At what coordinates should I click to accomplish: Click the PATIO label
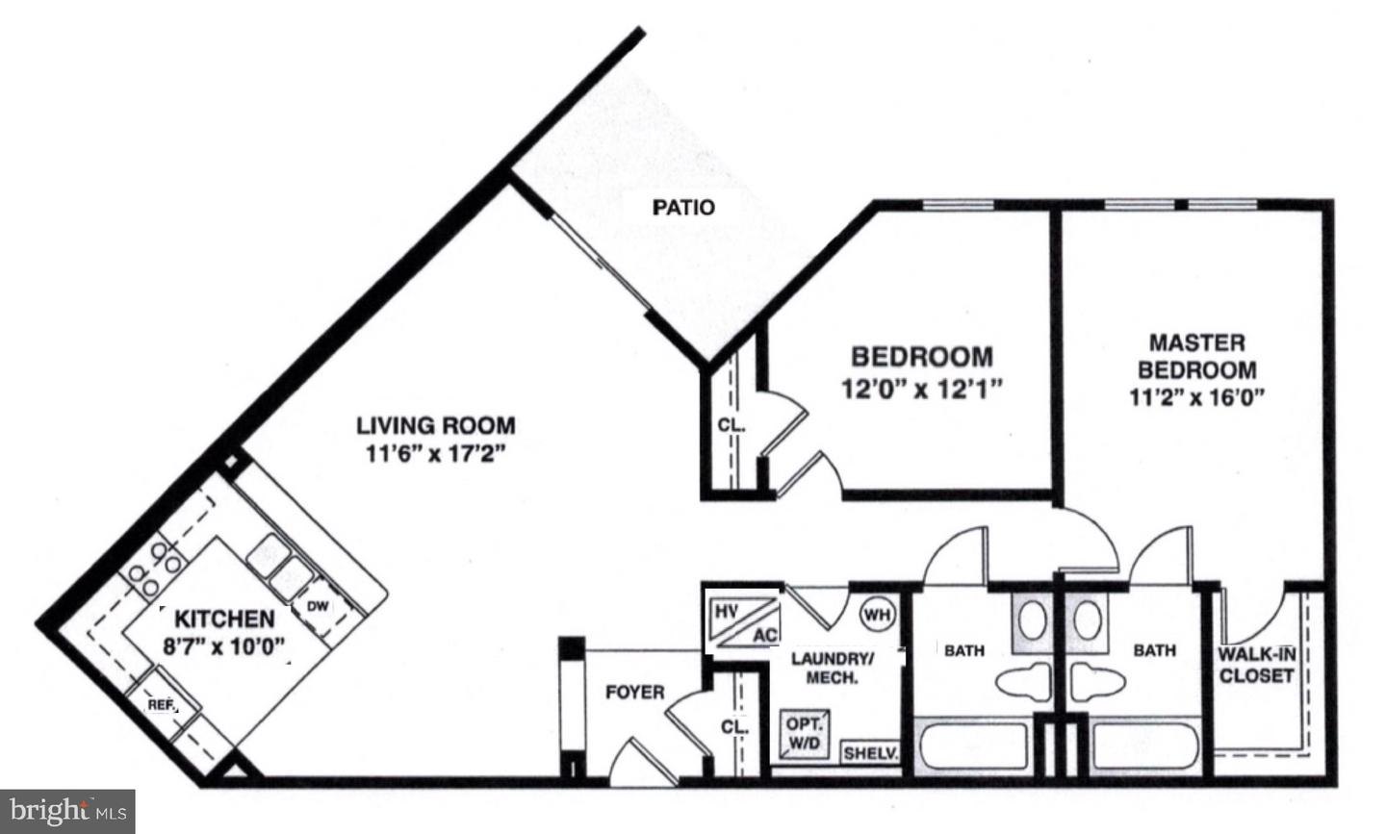click(683, 207)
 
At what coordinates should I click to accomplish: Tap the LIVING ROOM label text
click(436, 425)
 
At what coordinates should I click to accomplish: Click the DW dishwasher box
click(318, 606)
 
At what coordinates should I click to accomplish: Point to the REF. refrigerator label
click(162, 705)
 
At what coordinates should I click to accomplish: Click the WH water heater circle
click(876, 613)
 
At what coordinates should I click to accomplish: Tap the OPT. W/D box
click(804, 734)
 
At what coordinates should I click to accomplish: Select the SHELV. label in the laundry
click(870, 753)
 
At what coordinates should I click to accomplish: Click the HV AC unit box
click(743, 621)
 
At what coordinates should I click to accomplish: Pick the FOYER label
click(634, 693)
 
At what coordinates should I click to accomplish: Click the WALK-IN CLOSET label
click(1256, 666)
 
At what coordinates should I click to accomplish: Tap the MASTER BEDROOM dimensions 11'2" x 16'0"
click(1196, 396)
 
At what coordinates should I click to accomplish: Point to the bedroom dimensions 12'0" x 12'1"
click(921, 390)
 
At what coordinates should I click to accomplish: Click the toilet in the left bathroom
click(1026, 682)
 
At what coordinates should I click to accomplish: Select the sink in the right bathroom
click(1088, 620)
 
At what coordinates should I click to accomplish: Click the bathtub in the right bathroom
click(1145, 746)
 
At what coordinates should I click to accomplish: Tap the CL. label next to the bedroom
click(731, 424)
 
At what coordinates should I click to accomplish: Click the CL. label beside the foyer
click(734, 727)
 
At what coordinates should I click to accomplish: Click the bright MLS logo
click(67, 811)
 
